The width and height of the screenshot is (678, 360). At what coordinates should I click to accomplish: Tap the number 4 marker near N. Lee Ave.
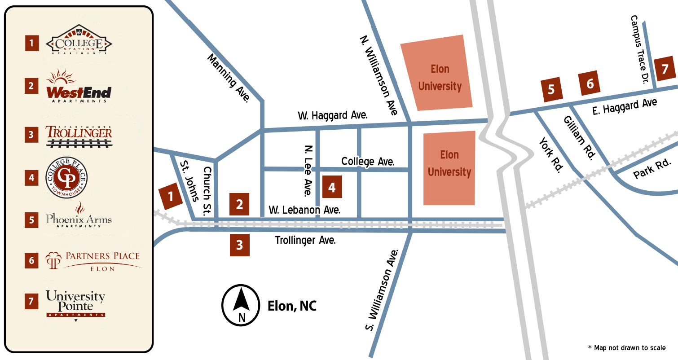[332, 187]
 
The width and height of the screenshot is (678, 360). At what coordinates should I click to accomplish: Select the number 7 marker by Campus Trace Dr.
[665, 69]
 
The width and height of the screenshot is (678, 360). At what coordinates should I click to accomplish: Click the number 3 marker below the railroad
[240, 245]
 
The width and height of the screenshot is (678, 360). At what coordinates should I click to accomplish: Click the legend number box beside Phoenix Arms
[31, 220]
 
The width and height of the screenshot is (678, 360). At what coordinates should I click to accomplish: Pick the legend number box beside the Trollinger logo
[31, 134]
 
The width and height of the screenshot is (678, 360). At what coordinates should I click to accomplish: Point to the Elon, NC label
[292, 306]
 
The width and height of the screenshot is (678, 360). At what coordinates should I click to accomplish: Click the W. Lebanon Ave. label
[304, 210]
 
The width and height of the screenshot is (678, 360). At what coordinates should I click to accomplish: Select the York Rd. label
[551, 155]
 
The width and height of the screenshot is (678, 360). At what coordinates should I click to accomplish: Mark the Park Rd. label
[652, 169]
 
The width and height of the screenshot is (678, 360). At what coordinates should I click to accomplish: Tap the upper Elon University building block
[436, 73]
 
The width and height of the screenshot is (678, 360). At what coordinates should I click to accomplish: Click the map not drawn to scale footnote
[626, 348]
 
